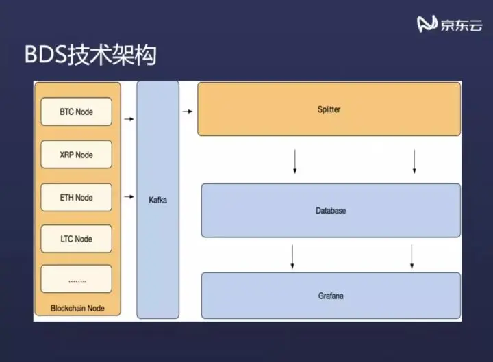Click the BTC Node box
[76, 112]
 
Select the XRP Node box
[76, 155]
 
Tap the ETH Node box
[76, 198]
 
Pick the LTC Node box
[76, 239]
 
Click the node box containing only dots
[76, 279]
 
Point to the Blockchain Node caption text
[77, 309]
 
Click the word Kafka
[157, 200]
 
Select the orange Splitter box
[329, 109]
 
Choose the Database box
[331, 211]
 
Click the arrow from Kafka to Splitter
[187, 109]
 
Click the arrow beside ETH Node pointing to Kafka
[129, 197]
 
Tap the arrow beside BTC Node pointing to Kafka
[129, 119]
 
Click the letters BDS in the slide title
[46, 55]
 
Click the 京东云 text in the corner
[461, 26]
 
